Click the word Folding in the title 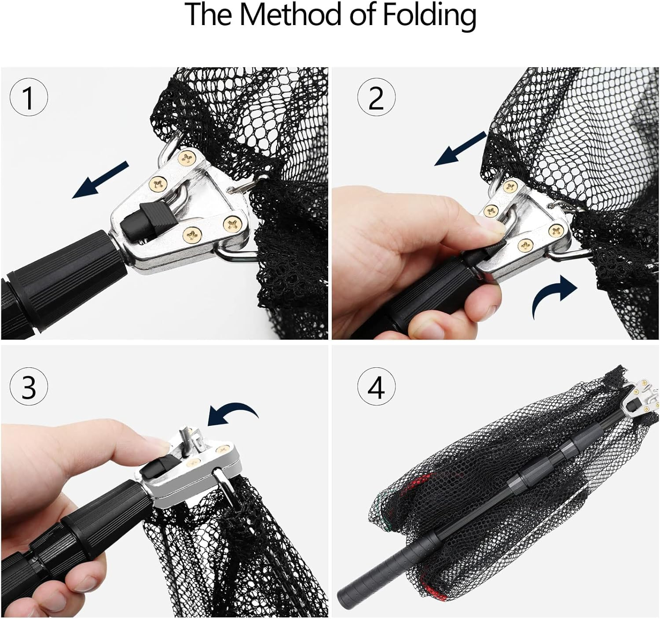click(429, 15)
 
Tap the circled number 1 click(28, 98)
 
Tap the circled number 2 click(375, 98)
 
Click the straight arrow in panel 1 click(100, 180)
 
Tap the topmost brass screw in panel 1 click(186, 157)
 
